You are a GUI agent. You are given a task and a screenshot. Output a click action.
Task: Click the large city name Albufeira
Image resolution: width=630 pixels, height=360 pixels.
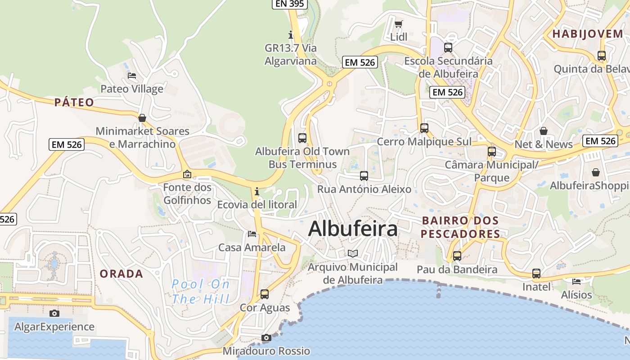coord(353,229)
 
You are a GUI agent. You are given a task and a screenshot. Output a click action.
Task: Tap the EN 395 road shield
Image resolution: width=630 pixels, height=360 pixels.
coord(290,4)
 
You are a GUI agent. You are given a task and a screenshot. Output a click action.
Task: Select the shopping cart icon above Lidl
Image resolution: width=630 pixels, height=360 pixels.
coord(398,24)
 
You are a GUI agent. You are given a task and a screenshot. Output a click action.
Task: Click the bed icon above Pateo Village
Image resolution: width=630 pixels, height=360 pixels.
coord(132,75)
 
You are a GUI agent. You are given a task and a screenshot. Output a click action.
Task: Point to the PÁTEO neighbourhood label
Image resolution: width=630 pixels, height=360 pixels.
coord(74,103)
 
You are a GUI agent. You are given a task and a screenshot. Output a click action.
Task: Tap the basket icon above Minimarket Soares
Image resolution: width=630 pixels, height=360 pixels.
coord(142,118)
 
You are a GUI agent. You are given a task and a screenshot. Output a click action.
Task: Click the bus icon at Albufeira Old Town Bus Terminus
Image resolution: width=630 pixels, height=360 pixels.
coord(302,138)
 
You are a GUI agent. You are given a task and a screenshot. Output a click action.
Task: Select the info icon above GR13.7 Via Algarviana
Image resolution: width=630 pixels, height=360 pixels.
coord(291,35)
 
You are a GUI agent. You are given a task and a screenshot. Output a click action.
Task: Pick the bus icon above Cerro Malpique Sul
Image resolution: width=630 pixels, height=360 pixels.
coord(424,128)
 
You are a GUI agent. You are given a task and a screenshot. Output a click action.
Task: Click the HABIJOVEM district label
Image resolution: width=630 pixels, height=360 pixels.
coord(581,34)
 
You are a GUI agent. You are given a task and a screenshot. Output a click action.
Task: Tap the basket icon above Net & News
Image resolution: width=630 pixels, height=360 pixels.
coord(544,131)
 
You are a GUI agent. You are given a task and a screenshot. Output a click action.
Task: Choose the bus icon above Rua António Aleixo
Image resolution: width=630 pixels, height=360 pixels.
coord(364,176)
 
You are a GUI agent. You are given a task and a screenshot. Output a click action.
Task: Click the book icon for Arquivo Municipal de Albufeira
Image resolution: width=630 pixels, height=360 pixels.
coord(353,253)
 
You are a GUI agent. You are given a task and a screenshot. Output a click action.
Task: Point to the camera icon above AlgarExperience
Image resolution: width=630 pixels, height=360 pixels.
coord(54,313)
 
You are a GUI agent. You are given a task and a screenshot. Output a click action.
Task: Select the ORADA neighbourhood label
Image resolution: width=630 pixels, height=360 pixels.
coord(121,274)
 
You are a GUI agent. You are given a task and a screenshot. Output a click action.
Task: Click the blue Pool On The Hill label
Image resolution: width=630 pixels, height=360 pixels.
coord(201,291)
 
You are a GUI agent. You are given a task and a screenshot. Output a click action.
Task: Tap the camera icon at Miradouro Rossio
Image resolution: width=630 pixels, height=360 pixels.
coord(266,337)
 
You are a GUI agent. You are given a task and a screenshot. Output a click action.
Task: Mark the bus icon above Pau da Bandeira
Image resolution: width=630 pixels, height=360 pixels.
coord(457,256)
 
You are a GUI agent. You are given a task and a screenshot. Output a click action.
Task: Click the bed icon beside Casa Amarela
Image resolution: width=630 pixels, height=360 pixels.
coord(252,234)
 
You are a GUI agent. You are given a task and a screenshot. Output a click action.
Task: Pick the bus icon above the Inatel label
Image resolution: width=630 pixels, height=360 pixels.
coord(536,274)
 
